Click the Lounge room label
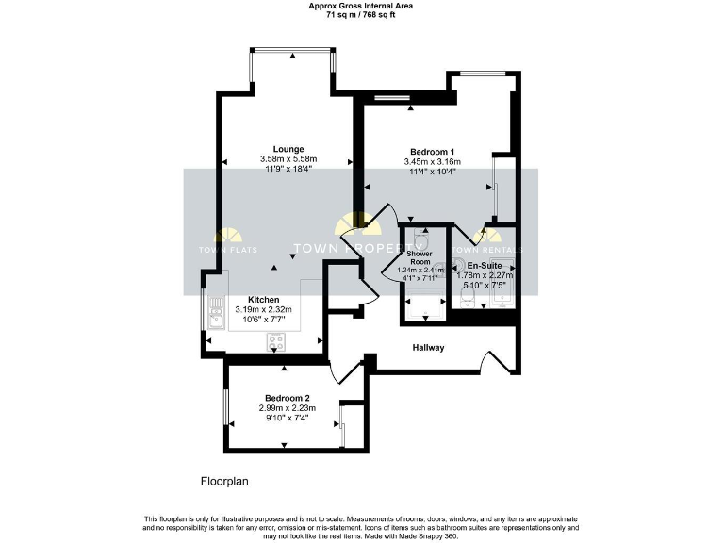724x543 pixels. (x=288, y=149)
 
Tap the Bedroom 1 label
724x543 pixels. (x=433, y=152)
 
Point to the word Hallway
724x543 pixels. (x=428, y=348)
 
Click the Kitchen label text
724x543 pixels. (x=263, y=299)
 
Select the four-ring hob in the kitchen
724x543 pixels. (x=277, y=340)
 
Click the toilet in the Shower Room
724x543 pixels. (x=420, y=239)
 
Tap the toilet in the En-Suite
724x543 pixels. (x=465, y=299)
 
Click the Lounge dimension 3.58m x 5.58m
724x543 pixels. (x=288, y=159)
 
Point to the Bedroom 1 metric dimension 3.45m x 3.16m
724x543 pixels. (x=433, y=162)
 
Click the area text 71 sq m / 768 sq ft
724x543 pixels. (x=361, y=15)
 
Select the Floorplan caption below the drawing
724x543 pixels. (x=224, y=481)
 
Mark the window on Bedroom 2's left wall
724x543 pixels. (x=224, y=408)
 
